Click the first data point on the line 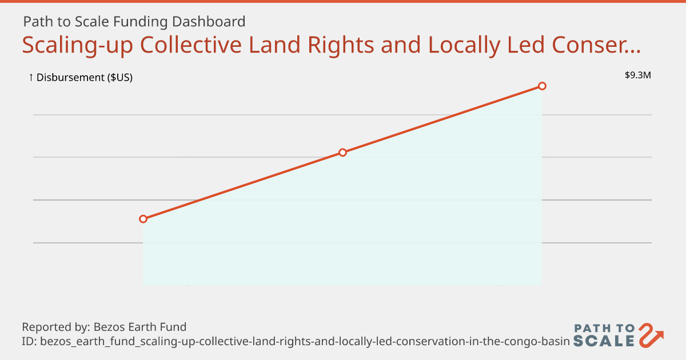point(143,219)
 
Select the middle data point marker point(342,153)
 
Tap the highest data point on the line point(542,86)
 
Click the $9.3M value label point(638,75)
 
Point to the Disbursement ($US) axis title point(85,78)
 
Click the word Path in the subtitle point(36,22)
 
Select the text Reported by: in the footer point(54,327)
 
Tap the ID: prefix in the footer point(29,342)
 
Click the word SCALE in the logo point(604,341)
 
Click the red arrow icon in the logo point(651,335)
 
